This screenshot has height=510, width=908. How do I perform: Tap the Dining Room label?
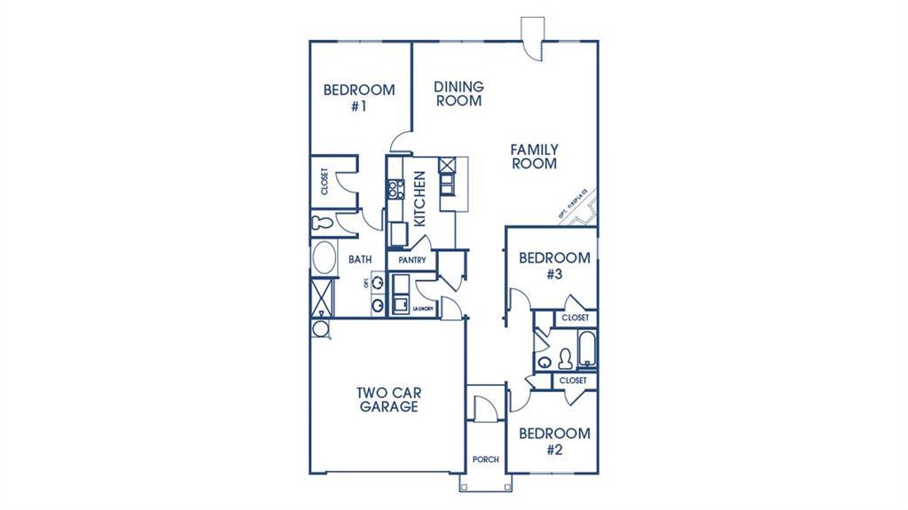point(458,93)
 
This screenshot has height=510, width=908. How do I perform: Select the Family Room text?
point(533,157)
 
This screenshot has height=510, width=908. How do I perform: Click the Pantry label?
point(412,261)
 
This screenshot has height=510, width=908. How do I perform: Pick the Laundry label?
point(422,308)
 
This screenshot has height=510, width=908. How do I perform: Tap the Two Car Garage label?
point(388,400)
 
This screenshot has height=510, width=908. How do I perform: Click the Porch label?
point(486,459)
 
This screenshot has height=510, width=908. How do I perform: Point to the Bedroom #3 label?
point(554,266)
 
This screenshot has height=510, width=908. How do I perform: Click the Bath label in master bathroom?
point(359,260)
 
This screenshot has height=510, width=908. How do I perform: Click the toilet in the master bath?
point(321,222)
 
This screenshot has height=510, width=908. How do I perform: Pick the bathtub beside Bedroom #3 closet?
point(586,350)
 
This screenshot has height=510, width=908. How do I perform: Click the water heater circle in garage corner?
point(320,329)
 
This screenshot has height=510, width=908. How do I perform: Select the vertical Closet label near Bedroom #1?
point(324,182)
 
